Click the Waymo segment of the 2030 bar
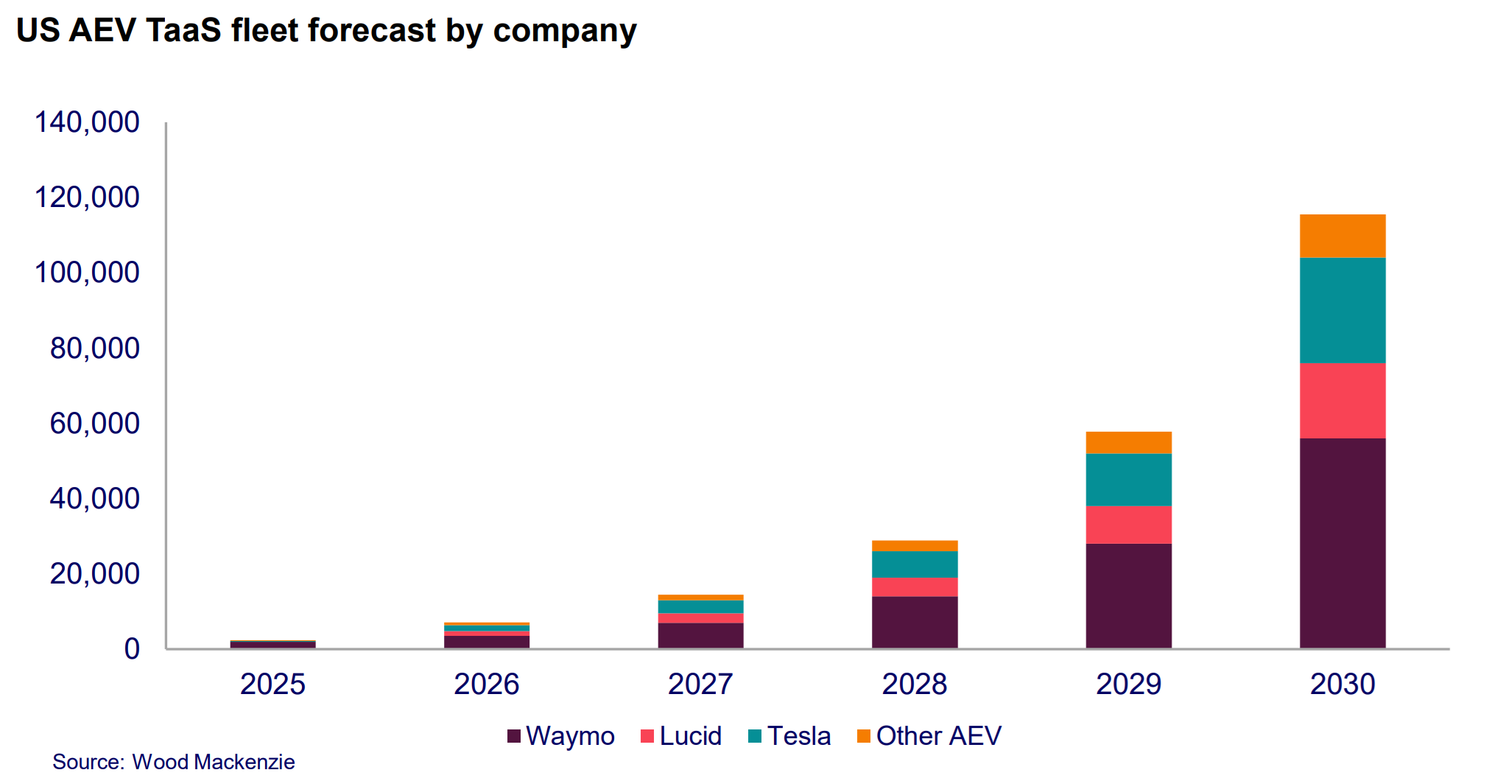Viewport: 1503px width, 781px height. (x=1342, y=543)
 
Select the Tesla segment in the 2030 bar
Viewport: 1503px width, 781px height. (x=1342, y=310)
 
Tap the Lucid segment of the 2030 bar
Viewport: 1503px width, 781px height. (x=1342, y=401)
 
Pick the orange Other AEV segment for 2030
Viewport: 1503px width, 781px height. (x=1342, y=236)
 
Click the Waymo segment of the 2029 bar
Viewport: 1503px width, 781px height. (x=1128, y=595)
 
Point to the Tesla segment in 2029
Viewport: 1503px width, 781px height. (x=1128, y=480)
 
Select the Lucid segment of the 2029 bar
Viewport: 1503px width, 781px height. (x=1128, y=525)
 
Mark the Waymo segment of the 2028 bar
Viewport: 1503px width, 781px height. (x=914, y=622)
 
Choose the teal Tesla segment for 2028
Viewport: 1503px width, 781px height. (x=914, y=564)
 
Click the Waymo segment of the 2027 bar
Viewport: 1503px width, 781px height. (x=700, y=635)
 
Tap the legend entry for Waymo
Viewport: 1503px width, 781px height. (x=561, y=736)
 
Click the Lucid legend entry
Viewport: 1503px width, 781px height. (x=681, y=736)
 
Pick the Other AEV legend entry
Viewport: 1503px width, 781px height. (x=929, y=736)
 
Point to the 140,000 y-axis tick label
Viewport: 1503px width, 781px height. (x=87, y=122)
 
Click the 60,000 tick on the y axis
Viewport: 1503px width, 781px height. (x=94, y=424)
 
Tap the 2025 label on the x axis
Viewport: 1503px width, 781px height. (x=272, y=684)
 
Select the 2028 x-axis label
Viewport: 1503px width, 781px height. (x=914, y=684)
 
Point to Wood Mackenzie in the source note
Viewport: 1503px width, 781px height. (x=214, y=762)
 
